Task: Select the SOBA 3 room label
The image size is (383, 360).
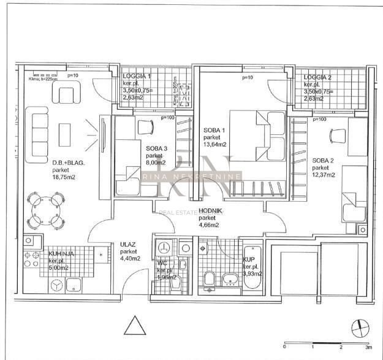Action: (156, 148)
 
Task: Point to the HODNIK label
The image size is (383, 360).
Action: (209, 210)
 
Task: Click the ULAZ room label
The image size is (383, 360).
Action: (127, 244)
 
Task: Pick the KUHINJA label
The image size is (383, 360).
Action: (61, 252)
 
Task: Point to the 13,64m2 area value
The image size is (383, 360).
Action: (214, 145)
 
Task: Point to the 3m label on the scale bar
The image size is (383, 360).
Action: (367, 348)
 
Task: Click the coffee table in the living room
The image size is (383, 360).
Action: (63, 131)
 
